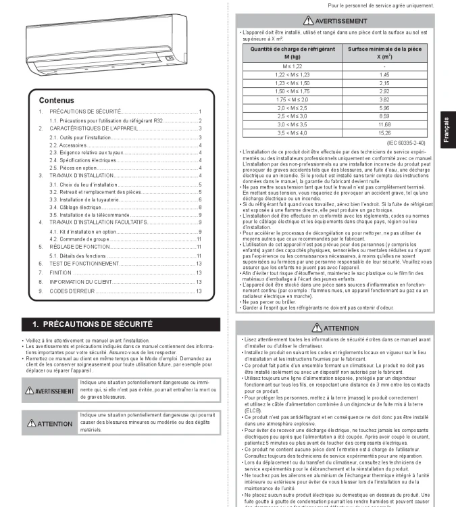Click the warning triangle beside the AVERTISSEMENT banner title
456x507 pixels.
(x=307, y=21)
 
